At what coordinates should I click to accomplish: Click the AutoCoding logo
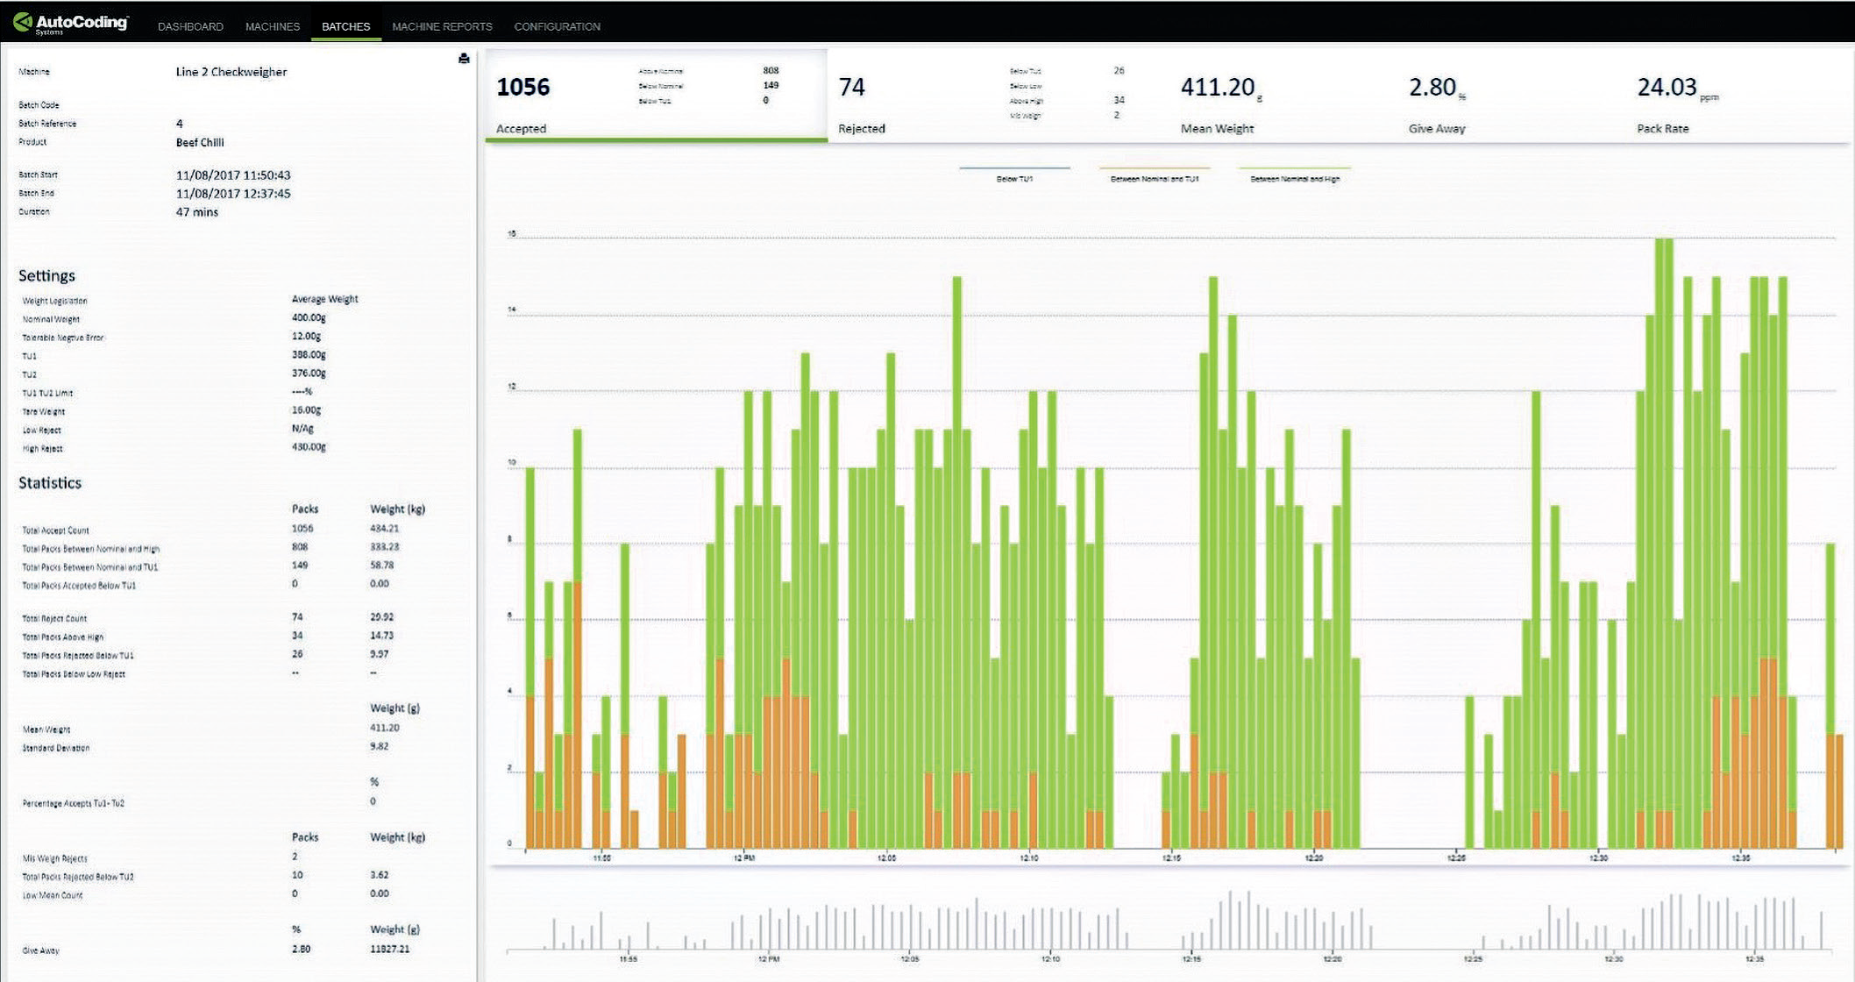tap(71, 24)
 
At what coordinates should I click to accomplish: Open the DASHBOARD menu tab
tap(190, 26)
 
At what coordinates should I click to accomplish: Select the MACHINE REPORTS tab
tap(442, 26)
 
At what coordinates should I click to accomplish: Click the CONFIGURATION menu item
tap(557, 26)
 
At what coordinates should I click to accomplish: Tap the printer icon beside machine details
tap(464, 59)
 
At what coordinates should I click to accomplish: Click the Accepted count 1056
tap(523, 88)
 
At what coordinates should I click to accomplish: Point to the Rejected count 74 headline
tap(851, 88)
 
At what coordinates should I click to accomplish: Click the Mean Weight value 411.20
tap(1218, 88)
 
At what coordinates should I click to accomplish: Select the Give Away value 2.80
tap(1432, 88)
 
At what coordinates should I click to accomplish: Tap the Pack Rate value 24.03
tap(1667, 88)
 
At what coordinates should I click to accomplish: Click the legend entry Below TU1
tap(1014, 179)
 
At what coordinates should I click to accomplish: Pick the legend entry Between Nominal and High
tap(1294, 179)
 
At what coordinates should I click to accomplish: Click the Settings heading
tap(46, 276)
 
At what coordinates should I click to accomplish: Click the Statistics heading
tap(50, 483)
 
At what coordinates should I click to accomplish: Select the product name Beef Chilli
tap(200, 142)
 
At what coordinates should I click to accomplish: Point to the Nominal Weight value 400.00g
tap(309, 317)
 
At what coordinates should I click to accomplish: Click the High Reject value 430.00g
tap(309, 447)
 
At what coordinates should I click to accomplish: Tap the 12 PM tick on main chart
tap(743, 857)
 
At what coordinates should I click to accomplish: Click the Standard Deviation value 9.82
tap(379, 746)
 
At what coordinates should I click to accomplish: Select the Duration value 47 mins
tap(197, 212)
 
